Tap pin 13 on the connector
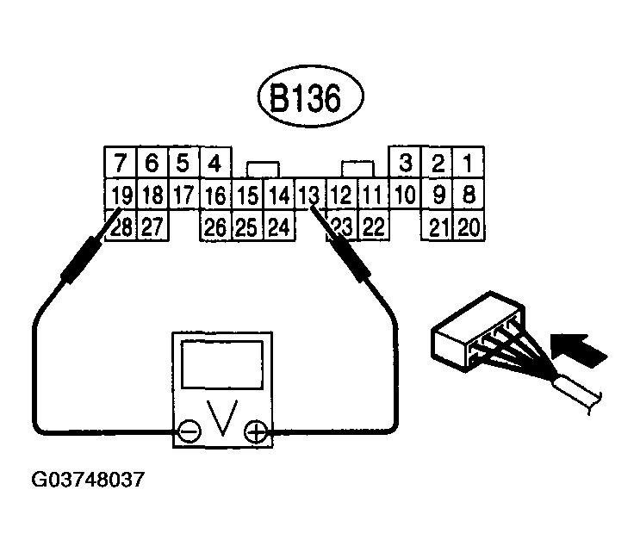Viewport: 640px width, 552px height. click(308, 194)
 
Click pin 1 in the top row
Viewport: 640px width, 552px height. click(468, 163)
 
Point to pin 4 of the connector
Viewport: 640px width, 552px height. click(215, 163)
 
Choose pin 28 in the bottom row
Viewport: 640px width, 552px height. click(121, 226)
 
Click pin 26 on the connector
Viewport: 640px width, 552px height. click(215, 226)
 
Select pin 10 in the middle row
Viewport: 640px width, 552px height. click(405, 194)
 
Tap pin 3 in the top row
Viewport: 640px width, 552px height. click(406, 163)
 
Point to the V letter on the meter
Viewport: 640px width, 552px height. click(223, 419)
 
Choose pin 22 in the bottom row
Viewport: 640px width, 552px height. click(373, 226)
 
